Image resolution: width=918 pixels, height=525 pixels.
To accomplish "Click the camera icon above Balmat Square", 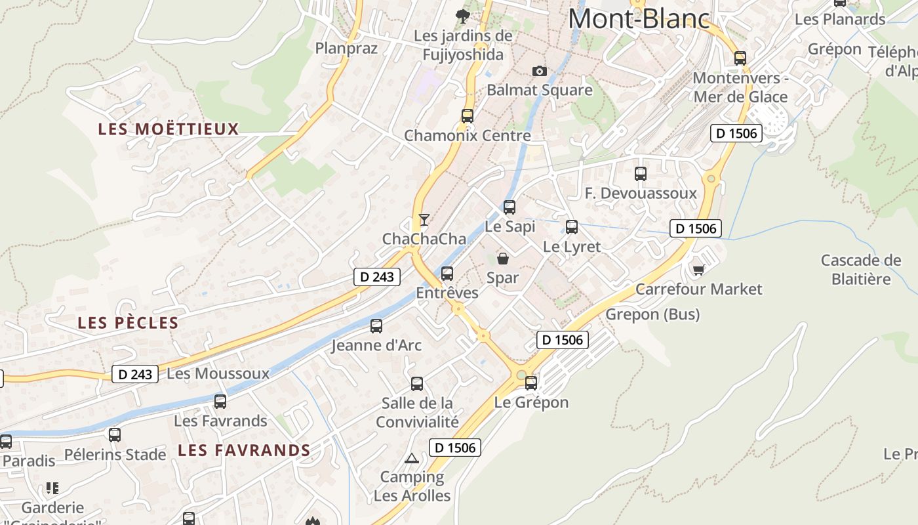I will coord(539,71).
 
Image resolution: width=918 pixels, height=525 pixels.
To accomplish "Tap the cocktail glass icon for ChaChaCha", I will coord(424,219).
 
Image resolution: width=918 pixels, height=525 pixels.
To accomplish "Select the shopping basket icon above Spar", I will coord(503,259).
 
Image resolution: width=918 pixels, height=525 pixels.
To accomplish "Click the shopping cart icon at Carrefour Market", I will coord(698,270).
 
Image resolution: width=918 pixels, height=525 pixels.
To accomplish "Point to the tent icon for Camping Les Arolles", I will coord(412,458).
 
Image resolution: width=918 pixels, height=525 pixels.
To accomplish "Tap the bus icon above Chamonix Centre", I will coord(468,116).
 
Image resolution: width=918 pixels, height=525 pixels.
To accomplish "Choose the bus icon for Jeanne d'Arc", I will coord(376,325).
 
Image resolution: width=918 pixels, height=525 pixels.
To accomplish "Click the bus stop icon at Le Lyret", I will coord(572,227).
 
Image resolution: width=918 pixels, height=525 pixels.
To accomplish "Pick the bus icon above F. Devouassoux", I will coord(641,174).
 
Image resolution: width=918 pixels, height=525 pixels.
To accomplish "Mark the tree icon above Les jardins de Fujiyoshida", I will coord(463,15).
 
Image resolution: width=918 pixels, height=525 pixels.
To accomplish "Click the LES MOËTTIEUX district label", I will coord(169,129).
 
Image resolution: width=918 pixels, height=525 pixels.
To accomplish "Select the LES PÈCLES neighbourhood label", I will coord(128,323).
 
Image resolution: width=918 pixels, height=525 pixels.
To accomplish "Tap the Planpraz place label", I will coord(346,49).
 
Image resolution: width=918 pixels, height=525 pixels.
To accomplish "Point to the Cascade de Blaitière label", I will coord(861,270).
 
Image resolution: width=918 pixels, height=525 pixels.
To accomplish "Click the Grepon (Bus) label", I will coord(652,314).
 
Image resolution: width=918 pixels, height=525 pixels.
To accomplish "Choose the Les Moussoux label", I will coord(218,374).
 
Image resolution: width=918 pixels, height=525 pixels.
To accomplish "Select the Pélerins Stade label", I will coord(115,454).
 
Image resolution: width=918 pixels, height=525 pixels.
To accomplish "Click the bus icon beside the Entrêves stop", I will coord(447,274).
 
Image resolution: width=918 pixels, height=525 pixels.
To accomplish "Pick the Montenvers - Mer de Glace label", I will coord(740,87).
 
